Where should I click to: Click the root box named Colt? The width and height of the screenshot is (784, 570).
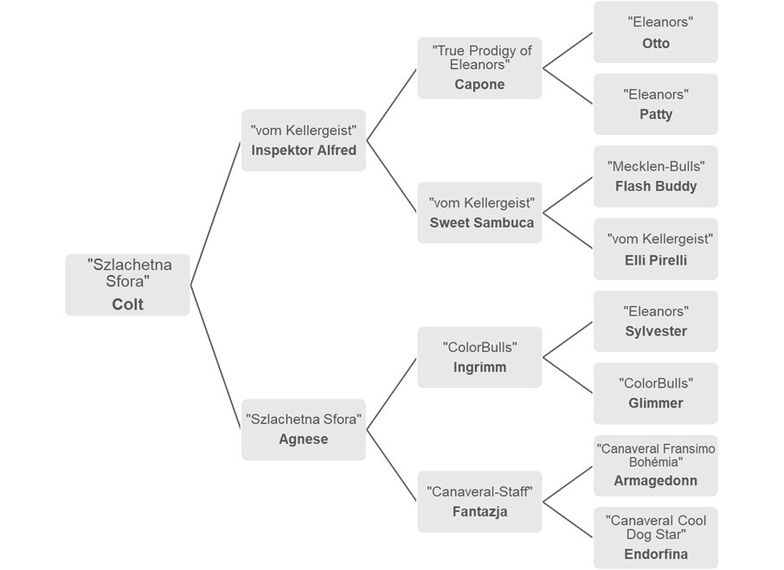point(127,285)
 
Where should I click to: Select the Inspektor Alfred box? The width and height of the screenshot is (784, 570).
point(303,140)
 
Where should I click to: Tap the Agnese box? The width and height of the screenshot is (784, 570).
point(303,429)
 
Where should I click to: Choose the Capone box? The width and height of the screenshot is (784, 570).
point(479,67)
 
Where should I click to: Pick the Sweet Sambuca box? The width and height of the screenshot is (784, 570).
point(479,213)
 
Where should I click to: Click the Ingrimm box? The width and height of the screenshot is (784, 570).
point(479,356)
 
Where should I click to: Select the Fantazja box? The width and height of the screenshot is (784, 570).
point(479,502)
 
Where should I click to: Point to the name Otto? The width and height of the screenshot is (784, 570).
point(656,43)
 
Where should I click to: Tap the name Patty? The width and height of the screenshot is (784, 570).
point(656,114)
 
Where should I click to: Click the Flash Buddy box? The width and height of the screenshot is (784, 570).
point(656,176)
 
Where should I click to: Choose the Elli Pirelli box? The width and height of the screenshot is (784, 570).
point(656,249)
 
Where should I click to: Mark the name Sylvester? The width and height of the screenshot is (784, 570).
point(656,331)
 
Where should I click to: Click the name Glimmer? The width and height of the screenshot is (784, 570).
point(656,403)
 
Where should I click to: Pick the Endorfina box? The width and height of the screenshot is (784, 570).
point(656,537)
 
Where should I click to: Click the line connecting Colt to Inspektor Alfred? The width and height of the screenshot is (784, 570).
point(216,212)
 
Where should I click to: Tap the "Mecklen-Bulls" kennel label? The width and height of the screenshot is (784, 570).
point(656,166)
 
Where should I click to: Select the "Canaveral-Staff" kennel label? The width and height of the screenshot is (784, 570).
point(479,492)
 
